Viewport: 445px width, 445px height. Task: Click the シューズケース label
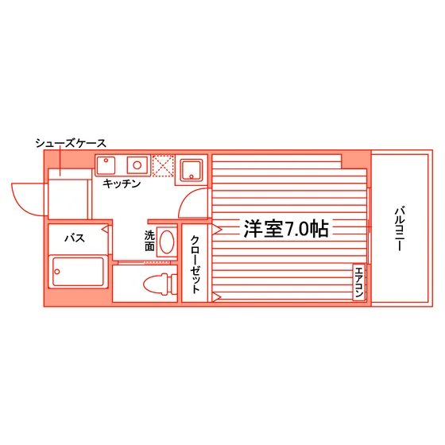coord(71,143)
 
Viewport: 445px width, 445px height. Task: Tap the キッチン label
coord(122,184)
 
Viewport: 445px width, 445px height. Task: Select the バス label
coord(75,238)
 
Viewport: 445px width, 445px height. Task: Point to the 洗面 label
coord(149,241)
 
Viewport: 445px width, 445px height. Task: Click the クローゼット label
coord(195,264)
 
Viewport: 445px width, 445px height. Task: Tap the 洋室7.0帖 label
coord(286,229)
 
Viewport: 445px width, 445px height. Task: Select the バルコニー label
coord(400,229)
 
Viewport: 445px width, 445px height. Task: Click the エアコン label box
coord(359,282)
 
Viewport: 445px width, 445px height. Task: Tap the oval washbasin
coord(167,242)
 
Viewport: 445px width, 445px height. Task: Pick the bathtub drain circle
coord(57,272)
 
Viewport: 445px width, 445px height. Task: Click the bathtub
coord(78,272)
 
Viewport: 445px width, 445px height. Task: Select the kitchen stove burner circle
coord(137,165)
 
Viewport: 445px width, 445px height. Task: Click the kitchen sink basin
coord(106,165)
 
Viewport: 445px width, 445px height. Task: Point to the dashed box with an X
coord(163,166)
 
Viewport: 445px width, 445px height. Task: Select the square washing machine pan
coord(192,170)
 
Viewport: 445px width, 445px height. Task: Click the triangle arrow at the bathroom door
coord(105,229)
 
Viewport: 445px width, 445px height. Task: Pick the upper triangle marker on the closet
coord(216,229)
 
